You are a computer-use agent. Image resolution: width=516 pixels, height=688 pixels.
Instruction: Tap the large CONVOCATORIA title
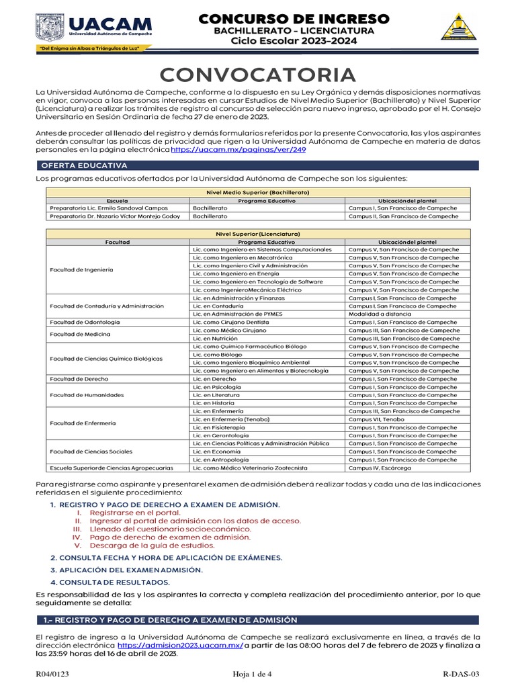tap(257, 75)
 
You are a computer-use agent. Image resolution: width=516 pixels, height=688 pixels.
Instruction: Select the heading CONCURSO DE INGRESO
tap(293, 18)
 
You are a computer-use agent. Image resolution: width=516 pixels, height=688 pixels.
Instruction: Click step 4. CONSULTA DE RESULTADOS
tap(110, 582)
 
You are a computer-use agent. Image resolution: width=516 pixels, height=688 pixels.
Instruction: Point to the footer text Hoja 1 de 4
tap(252, 674)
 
